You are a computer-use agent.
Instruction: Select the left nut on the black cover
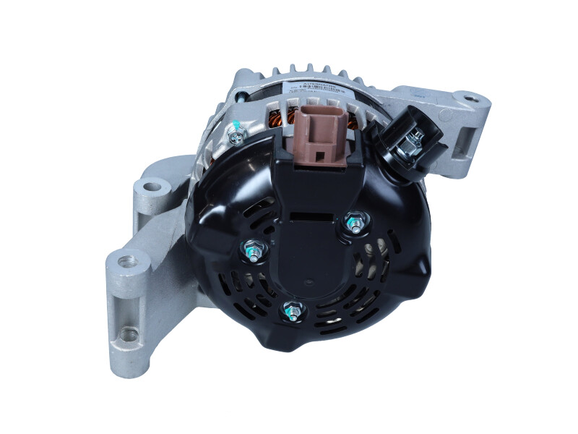tap(252, 251)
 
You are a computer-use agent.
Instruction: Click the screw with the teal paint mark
tap(235, 132)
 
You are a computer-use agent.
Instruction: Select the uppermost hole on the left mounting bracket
tap(151, 187)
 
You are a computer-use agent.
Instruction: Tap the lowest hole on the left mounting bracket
tap(129, 334)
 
